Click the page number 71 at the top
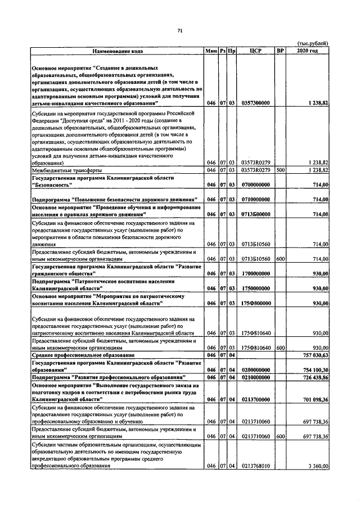coord(180,30)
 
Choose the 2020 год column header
coord(308,51)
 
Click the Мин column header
coord(211,51)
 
